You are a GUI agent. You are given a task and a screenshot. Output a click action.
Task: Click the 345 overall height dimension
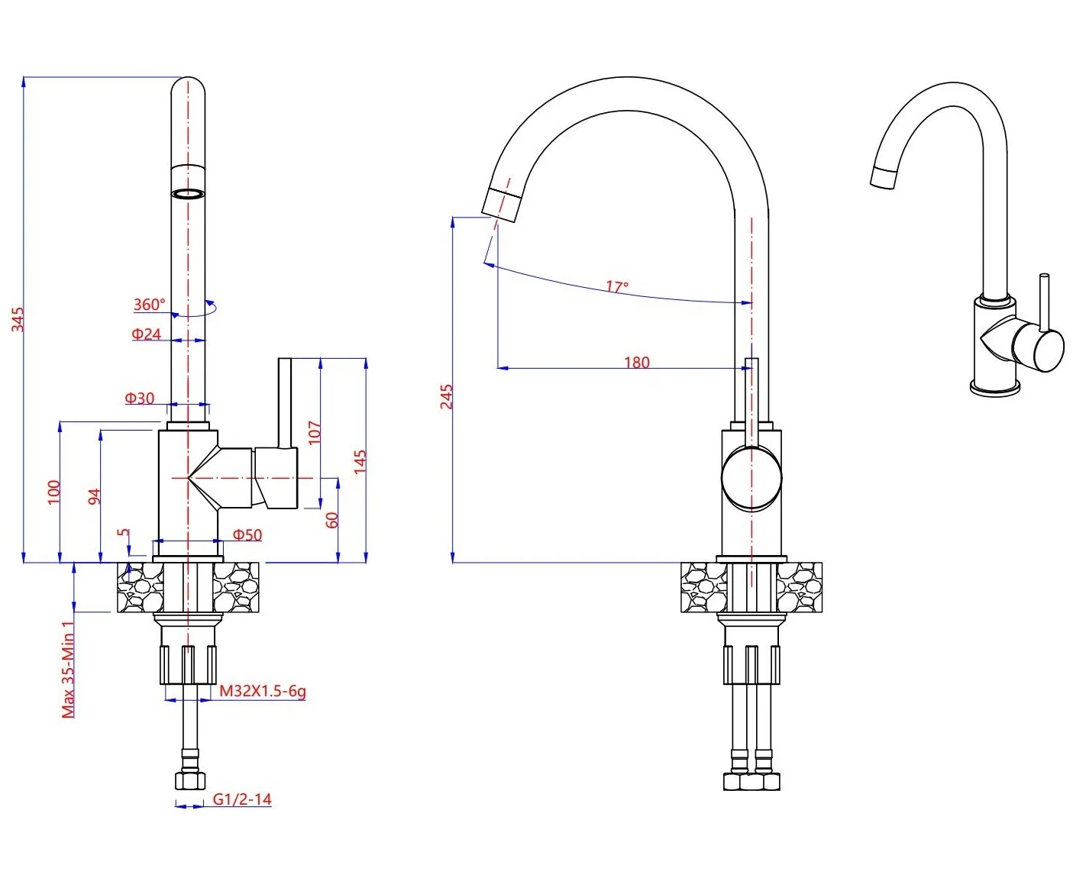coord(18,319)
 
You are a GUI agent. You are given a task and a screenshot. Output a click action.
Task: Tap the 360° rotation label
coord(149,305)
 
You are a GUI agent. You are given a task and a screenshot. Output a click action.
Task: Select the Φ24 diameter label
coord(146,334)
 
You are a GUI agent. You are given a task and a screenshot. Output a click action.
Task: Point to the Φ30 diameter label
coord(140,398)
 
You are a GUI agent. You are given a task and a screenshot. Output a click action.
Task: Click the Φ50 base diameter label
coord(247,534)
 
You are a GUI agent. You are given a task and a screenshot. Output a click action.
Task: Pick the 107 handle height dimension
coord(314,432)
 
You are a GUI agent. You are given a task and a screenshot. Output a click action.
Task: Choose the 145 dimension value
coord(360,461)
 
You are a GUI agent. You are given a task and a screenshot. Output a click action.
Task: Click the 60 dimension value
coord(331,520)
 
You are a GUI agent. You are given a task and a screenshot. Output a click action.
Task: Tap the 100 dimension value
coord(53,491)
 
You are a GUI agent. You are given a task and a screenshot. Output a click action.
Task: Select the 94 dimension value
coord(94,496)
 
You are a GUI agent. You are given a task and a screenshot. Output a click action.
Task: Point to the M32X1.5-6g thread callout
coord(263,691)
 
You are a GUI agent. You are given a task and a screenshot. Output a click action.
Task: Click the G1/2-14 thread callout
coord(241,799)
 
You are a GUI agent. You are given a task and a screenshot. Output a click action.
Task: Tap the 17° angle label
coord(617,287)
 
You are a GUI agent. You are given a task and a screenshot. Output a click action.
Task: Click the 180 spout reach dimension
coord(636,362)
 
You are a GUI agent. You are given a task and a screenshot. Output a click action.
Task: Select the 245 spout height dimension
coord(446,396)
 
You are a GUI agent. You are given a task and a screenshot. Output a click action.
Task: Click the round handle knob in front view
coord(751,478)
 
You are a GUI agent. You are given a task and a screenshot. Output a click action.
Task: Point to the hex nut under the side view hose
coord(189,780)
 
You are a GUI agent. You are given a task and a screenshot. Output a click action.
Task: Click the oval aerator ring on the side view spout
coord(188,193)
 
